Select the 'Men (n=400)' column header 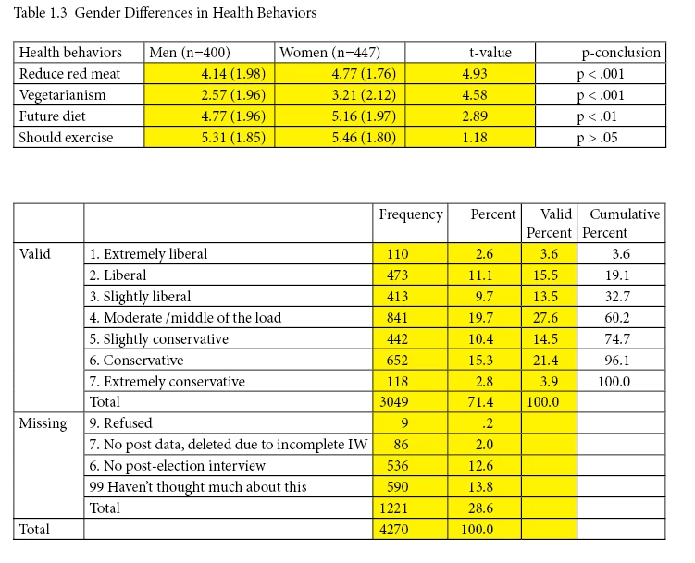(191, 53)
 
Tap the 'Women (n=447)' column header (329, 53)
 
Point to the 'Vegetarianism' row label (63, 95)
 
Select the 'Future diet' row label (53, 116)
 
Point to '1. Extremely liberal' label (148, 254)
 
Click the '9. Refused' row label (122, 423)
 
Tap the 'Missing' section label (43, 423)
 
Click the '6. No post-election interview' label (178, 466)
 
